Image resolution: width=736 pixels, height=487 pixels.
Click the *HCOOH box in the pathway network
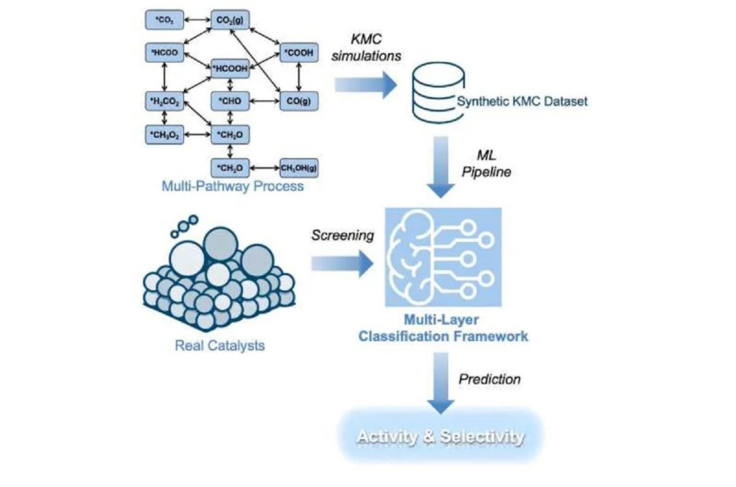(x=230, y=68)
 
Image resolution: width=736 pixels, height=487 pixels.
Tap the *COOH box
(x=298, y=53)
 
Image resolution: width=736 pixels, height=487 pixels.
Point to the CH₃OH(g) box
(x=298, y=169)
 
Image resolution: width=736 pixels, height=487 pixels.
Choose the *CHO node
(x=230, y=101)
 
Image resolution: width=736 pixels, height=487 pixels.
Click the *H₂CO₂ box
(x=165, y=101)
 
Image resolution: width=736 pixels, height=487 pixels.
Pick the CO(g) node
(x=298, y=101)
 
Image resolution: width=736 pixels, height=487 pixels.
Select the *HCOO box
(x=165, y=53)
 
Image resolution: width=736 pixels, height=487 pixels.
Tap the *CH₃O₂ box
(x=165, y=134)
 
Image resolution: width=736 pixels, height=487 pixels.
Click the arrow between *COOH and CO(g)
(x=298, y=77)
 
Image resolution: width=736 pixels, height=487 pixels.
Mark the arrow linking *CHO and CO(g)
(x=264, y=101)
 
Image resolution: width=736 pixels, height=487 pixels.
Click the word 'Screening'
(x=342, y=235)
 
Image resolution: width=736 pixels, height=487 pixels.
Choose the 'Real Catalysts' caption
(x=220, y=345)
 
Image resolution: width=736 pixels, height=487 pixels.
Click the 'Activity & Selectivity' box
(x=441, y=436)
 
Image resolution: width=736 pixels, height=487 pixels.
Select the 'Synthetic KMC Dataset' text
(x=523, y=101)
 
